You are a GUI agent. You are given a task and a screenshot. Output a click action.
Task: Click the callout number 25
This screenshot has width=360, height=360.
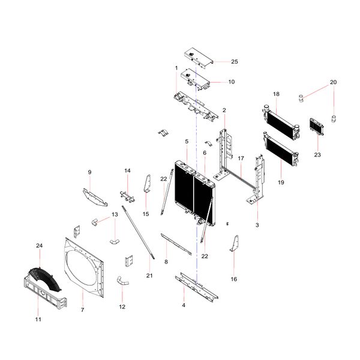pos(235,62)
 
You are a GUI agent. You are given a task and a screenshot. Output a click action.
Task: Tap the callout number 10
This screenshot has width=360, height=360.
pos(232,82)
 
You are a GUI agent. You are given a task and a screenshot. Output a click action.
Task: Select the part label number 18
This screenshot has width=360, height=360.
pos(276,94)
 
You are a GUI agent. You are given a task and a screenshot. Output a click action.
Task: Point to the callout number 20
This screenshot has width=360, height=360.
pos(334,82)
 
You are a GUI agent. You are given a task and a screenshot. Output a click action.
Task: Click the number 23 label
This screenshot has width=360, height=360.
pos(317,155)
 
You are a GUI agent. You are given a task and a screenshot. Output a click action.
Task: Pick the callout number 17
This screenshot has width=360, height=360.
pos(240,158)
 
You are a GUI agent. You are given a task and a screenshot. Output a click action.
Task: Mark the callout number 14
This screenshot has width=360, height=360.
pos(127,171)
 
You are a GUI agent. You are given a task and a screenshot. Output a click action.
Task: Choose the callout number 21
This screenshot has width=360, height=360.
pos(149,275)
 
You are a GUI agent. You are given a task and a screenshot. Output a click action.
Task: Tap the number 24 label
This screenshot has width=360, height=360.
pos(40,246)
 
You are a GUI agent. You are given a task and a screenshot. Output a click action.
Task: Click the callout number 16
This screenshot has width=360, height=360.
pos(234,279)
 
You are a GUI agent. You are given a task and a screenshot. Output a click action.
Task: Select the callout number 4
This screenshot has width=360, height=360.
pos(184,305)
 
